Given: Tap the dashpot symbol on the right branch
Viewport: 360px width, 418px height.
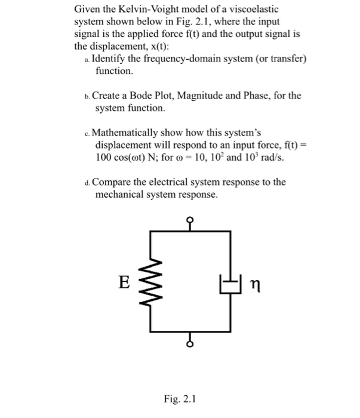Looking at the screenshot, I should tap(230, 280).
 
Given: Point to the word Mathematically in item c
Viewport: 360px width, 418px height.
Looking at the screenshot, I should tap(127, 132).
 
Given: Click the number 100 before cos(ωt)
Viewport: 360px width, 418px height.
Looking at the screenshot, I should tap(105, 157).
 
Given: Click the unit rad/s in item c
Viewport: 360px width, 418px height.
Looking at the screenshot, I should tap(272, 157).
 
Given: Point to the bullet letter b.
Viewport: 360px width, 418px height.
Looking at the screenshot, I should tap(87, 96).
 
